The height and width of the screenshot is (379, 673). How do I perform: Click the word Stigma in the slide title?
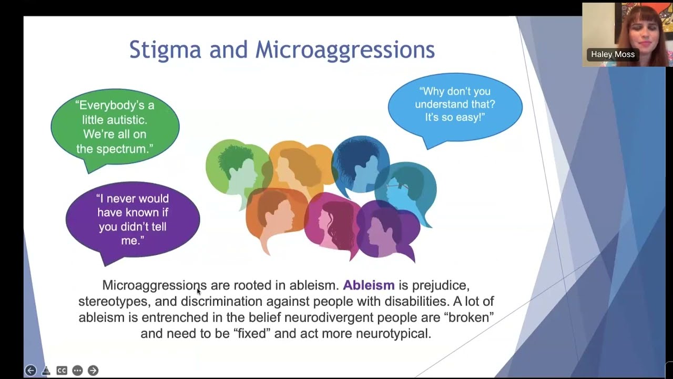(x=165, y=49)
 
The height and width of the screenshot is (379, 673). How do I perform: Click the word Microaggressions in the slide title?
(x=345, y=49)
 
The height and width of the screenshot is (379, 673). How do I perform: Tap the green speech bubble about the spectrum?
(x=115, y=127)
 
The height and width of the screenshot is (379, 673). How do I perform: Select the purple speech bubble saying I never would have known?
(x=132, y=219)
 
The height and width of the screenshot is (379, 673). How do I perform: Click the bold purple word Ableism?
(x=369, y=285)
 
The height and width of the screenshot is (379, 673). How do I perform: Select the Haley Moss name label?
(x=613, y=55)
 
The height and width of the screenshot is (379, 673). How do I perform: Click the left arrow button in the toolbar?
(x=30, y=371)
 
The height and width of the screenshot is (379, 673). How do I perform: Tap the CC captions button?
(x=62, y=371)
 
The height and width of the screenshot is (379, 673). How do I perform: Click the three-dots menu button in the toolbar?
(x=77, y=371)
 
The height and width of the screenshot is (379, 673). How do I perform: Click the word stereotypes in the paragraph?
(x=113, y=302)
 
